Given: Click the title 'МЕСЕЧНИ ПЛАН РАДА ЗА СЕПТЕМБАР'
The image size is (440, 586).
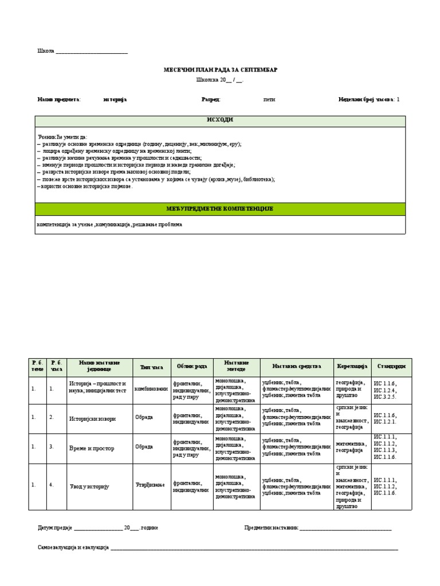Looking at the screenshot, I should (221, 69).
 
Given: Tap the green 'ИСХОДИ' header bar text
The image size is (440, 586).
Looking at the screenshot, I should (220, 120).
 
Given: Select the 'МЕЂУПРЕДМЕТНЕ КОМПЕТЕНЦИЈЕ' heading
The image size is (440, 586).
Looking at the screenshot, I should (220, 209).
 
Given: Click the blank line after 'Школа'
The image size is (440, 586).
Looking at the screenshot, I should (92, 52).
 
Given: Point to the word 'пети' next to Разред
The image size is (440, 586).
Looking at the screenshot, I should (269, 100).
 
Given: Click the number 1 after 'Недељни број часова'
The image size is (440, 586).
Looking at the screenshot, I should (398, 100).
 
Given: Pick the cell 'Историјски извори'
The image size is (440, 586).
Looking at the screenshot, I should (92, 419).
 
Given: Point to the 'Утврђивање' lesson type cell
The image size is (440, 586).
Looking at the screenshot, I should (150, 485).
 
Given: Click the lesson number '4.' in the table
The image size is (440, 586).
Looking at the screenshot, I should (52, 486).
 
